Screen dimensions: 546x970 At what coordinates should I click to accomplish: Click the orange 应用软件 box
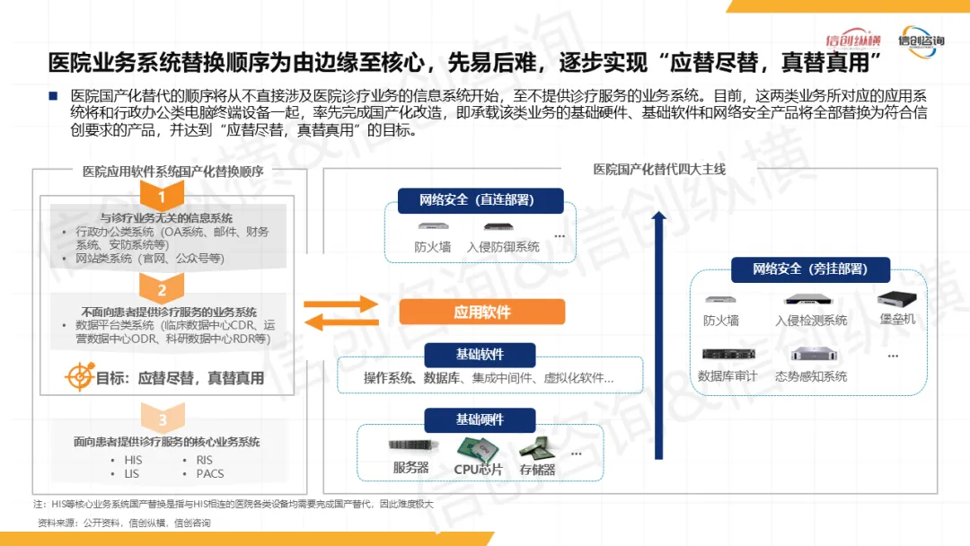coord(481,312)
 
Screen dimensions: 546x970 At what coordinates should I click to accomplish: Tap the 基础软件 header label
coord(480,354)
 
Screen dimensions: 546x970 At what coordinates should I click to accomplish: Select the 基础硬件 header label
coord(480,419)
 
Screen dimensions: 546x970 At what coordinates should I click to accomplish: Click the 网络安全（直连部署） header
coord(480,199)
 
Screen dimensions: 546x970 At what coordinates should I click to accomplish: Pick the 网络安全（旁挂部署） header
coord(809,269)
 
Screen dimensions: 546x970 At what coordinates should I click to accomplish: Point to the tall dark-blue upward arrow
coord(658,332)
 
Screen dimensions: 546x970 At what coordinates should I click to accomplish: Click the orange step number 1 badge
coord(162,196)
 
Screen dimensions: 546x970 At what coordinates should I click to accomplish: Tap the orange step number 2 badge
coord(162,289)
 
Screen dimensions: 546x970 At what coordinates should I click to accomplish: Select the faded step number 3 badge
coord(162,419)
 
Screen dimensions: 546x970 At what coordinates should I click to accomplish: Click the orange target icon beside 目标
coord(80,377)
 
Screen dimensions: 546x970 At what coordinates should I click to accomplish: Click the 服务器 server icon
coord(410,446)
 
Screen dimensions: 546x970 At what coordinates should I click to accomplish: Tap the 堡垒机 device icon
coord(895,299)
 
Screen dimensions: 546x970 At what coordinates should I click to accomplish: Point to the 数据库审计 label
coord(727,375)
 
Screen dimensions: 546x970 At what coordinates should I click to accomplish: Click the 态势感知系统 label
coord(811,375)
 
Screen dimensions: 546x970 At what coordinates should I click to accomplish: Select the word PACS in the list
coord(210,473)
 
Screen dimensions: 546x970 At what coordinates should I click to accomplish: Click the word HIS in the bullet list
coord(133,460)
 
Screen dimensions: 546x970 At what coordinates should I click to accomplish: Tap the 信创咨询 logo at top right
coord(922,41)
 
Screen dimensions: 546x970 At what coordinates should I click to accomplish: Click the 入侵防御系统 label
coord(503,246)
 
